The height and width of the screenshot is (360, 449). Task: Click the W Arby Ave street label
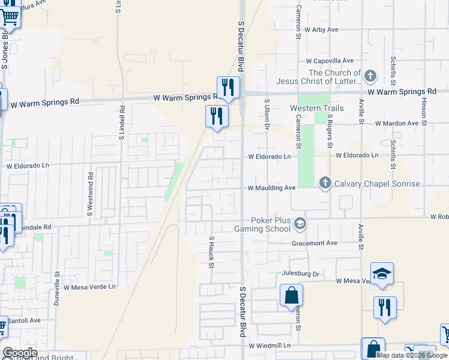click(x=321, y=29)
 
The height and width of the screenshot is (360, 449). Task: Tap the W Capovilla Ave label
click(x=330, y=61)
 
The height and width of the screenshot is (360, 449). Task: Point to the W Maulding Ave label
click(x=272, y=188)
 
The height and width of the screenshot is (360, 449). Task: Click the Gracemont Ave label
click(x=315, y=243)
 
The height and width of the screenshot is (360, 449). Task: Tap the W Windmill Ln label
click(x=270, y=346)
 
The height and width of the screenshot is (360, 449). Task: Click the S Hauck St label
click(x=211, y=252)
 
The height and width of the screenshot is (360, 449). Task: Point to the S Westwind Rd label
click(x=91, y=194)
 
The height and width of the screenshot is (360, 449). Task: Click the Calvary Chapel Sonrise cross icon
click(x=325, y=183)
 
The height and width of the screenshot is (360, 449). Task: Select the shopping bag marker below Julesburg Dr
click(x=291, y=296)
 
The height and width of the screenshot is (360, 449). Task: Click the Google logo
click(x=20, y=353)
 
